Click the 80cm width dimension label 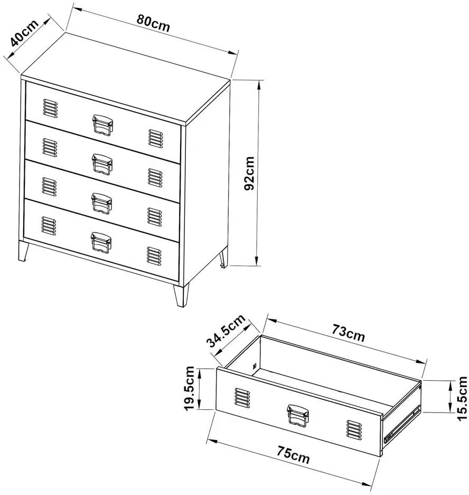click(x=153, y=23)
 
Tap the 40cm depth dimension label click(x=24, y=32)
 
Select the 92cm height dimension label click(x=249, y=173)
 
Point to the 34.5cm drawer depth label click(x=226, y=331)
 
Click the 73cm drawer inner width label click(x=348, y=333)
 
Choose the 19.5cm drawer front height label click(x=190, y=388)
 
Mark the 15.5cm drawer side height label click(x=463, y=398)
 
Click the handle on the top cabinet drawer click(x=103, y=125)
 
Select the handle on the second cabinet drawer click(x=102, y=164)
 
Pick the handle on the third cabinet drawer click(x=102, y=203)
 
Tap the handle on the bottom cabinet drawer click(x=101, y=242)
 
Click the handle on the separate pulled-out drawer click(x=298, y=416)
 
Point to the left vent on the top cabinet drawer click(x=50, y=108)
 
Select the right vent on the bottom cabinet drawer click(x=154, y=256)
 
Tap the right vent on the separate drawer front click(x=354, y=429)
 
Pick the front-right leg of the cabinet click(x=181, y=296)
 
